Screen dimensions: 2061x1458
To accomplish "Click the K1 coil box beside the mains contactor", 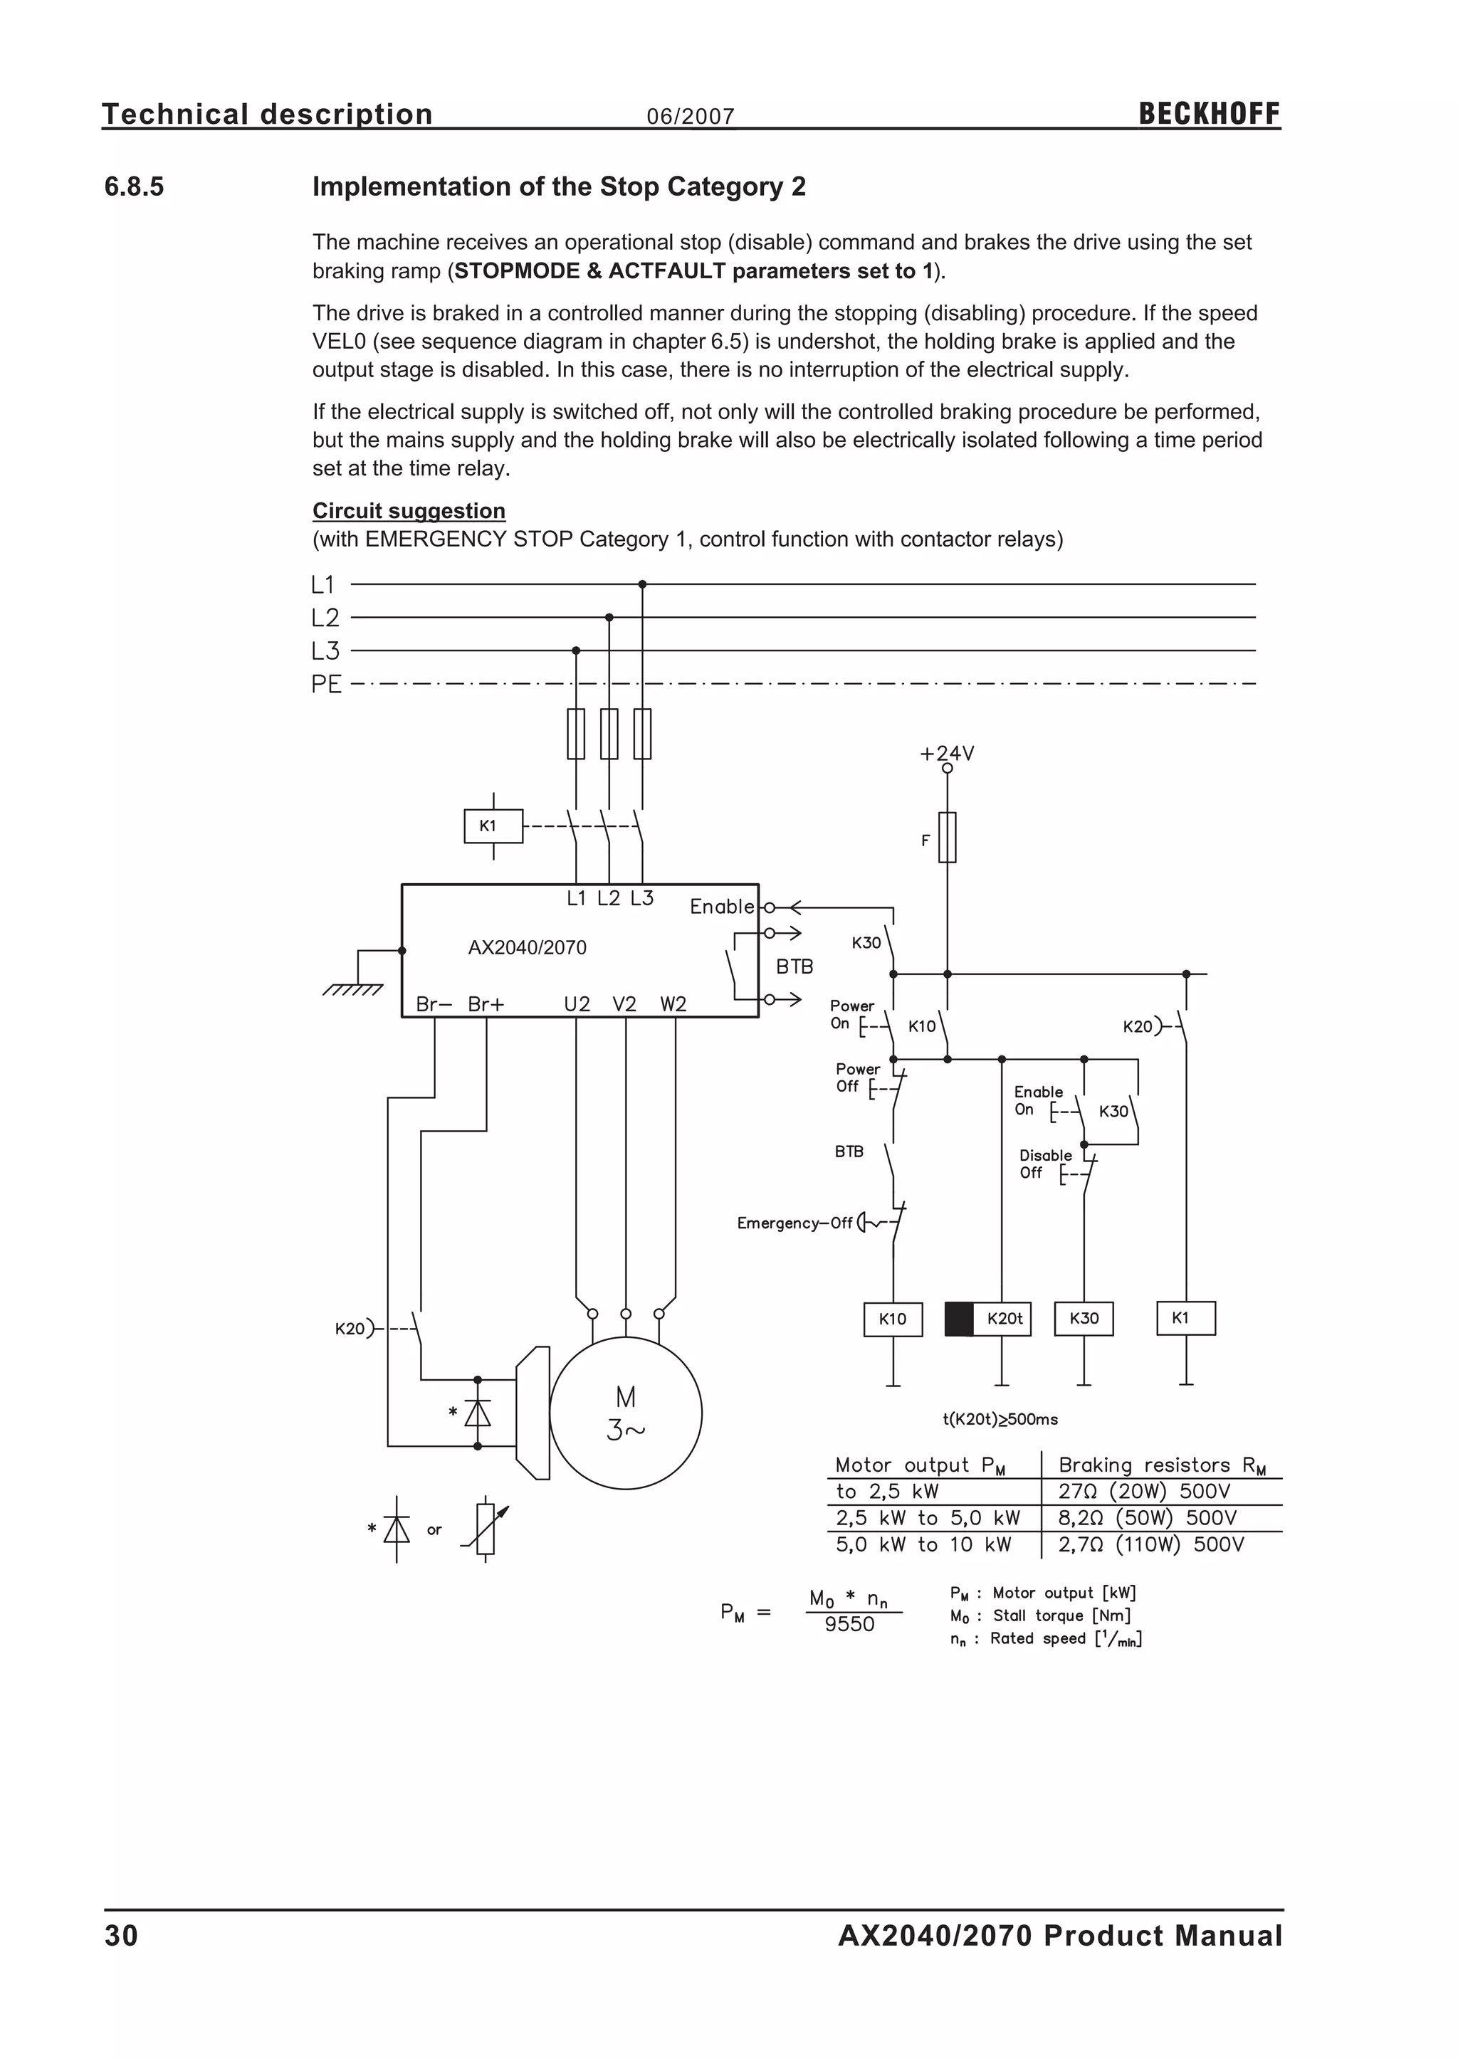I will point(493,826).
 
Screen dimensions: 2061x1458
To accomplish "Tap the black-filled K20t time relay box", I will point(960,1319).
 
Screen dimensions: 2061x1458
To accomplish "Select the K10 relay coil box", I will point(893,1319).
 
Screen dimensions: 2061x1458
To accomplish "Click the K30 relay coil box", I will point(1084,1319).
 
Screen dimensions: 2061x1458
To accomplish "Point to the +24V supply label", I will point(946,753).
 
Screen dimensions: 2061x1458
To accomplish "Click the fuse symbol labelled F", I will point(947,838).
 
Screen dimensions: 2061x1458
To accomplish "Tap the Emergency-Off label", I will point(794,1223).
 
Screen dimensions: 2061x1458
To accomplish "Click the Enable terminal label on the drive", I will point(722,907).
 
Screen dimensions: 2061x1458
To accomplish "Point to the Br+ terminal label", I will point(486,1004).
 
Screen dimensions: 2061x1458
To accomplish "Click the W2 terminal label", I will point(673,1004).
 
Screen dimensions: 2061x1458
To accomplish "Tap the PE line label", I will point(326,684).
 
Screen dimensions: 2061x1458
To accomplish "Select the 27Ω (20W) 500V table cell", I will point(1144,1492).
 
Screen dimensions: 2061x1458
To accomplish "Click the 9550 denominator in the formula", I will point(849,1625).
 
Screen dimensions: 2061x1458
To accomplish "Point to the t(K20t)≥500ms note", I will point(1000,1419).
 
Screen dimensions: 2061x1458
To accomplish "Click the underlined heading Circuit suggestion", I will point(409,511).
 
